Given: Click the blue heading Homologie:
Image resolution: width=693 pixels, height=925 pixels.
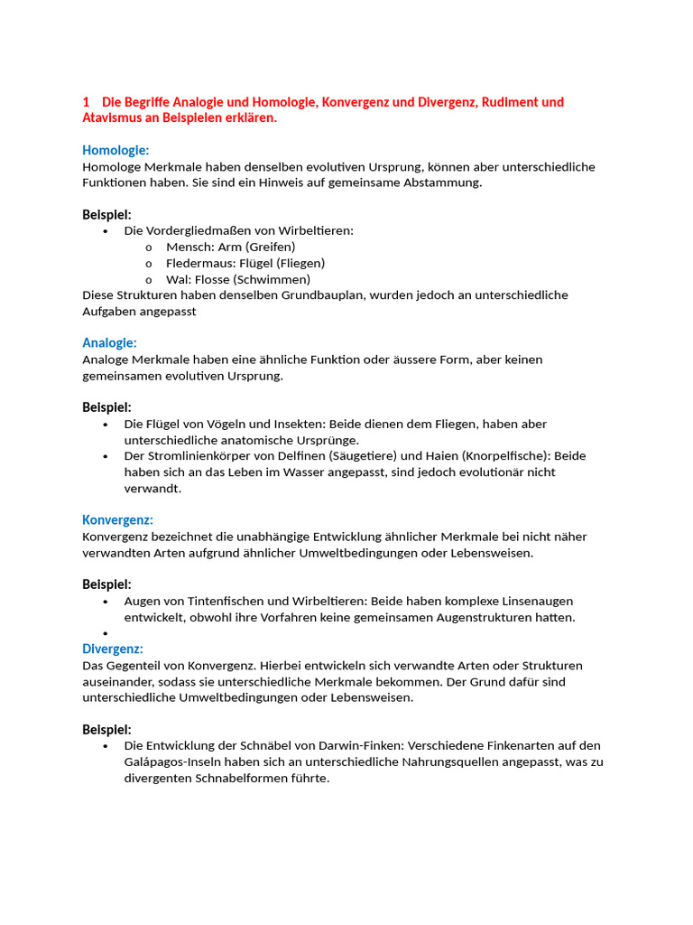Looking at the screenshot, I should click(115, 150).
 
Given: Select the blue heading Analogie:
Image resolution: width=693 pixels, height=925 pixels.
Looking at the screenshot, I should click(109, 342).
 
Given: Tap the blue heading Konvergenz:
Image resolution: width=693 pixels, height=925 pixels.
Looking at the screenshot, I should click(117, 519).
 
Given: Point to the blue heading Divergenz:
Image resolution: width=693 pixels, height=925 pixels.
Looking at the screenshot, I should click(113, 649).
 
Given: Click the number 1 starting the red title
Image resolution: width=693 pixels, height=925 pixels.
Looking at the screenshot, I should click(86, 102).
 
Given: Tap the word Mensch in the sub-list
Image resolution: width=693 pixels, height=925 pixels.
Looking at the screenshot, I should click(186, 247).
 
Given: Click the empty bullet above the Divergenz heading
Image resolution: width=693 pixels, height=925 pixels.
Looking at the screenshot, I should click(106, 633).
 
